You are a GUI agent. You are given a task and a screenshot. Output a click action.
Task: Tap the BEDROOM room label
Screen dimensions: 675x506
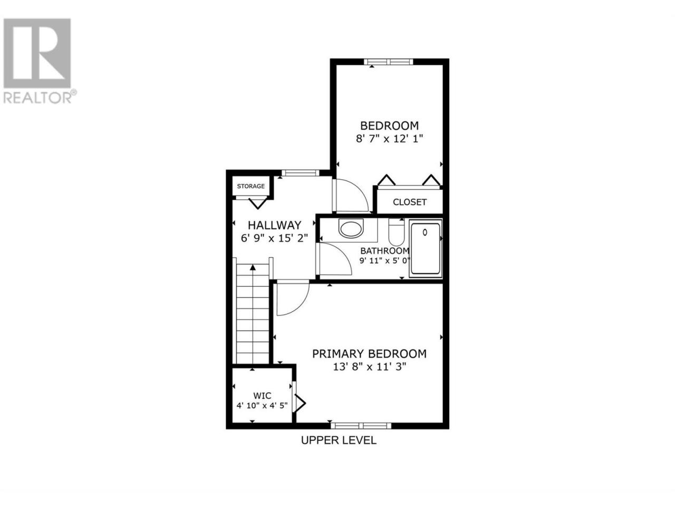coord(389,125)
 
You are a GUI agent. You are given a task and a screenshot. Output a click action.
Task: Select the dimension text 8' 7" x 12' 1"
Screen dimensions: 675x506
coord(389,139)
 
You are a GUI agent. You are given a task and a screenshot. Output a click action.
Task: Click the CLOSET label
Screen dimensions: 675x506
coord(410,202)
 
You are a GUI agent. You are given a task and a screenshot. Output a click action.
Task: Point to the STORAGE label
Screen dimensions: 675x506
coord(250,186)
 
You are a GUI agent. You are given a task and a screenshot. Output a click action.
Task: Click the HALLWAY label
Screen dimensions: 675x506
coord(274,225)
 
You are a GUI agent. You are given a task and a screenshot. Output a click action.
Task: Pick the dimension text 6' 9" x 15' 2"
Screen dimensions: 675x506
coord(274,238)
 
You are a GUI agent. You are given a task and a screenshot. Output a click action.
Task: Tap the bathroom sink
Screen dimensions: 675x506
coord(351,228)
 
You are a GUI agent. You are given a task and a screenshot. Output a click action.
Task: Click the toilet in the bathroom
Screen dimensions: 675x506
coord(396,232)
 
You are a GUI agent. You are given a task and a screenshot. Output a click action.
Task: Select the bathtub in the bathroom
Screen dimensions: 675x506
coord(425,249)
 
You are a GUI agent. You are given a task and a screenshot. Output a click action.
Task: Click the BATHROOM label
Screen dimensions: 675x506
coord(385,251)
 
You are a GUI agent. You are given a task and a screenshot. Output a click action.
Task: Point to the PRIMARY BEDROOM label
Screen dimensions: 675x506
coord(369,354)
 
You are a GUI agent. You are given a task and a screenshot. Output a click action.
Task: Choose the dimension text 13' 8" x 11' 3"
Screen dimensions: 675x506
coord(369,366)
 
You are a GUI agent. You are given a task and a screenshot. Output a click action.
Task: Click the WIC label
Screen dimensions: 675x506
coord(262,395)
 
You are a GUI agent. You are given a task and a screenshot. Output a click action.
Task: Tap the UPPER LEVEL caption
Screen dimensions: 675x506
coord(339,441)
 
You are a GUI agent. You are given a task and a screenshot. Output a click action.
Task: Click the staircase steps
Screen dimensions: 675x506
coord(253,314)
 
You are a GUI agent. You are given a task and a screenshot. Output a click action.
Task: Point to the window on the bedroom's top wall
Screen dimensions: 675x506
coord(389,62)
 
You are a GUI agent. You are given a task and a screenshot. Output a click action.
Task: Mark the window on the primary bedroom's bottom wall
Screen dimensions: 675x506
coord(361,425)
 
